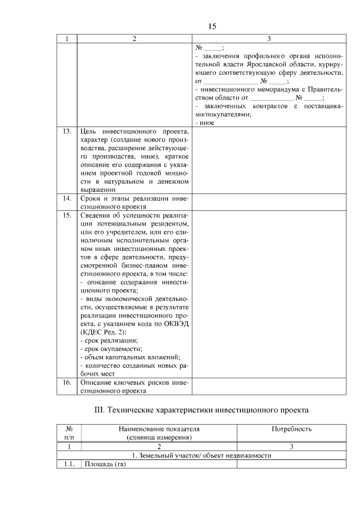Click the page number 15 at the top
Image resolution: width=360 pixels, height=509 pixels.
click(x=212, y=26)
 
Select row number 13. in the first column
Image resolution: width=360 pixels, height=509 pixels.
click(x=67, y=131)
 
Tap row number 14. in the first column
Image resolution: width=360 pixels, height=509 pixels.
click(x=67, y=199)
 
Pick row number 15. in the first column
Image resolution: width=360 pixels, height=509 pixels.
click(x=67, y=215)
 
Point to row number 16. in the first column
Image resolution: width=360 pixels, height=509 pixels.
click(x=67, y=382)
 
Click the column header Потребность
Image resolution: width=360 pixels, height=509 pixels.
click(x=291, y=429)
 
